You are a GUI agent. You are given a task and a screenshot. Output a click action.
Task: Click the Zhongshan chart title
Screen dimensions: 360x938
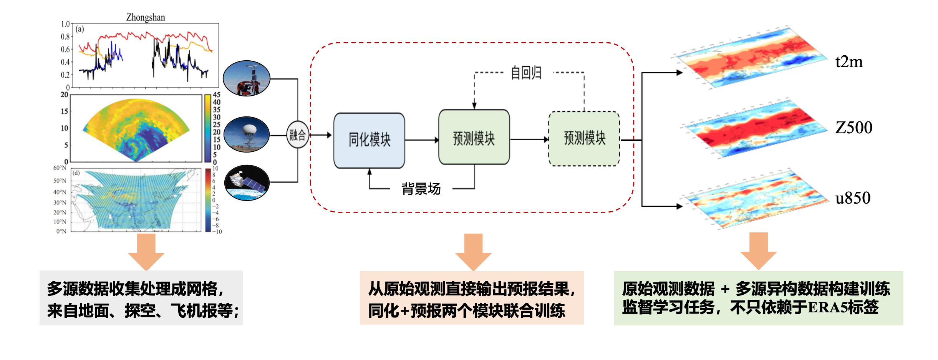[146, 17]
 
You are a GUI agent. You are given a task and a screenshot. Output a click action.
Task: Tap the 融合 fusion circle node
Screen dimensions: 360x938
[298, 135]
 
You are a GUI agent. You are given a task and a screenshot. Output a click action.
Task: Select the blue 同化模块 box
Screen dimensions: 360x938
[369, 140]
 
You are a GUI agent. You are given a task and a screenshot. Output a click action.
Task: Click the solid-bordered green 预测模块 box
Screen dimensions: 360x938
[474, 137]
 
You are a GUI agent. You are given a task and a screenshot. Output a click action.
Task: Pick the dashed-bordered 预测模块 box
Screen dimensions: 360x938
[584, 138]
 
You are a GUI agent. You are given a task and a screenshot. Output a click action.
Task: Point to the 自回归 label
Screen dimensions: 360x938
[526, 73]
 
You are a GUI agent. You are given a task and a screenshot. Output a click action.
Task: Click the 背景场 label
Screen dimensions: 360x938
[421, 189]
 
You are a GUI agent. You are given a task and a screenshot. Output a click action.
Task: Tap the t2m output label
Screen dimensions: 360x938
[849, 62]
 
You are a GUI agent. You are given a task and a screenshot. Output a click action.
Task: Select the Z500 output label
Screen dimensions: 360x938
[853, 128]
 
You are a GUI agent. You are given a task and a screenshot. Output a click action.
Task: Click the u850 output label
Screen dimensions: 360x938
[853, 198]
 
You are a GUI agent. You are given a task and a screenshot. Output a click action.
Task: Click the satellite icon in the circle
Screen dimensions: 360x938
[247, 183]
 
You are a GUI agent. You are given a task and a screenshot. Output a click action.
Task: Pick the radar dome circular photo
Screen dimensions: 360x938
[247, 134]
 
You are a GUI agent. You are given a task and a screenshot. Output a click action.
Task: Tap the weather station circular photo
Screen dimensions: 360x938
[247, 78]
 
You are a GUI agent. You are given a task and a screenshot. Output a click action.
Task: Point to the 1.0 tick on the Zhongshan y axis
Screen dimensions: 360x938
[65, 24]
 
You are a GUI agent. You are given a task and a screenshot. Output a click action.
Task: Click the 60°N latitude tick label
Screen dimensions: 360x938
[60, 168]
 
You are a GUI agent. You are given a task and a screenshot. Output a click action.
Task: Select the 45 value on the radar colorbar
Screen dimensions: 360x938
[217, 95]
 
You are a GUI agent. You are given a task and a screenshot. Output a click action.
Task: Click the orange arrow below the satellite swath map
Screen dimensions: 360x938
[146, 252]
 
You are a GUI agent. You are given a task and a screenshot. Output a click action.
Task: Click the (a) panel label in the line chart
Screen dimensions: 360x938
[80, 29]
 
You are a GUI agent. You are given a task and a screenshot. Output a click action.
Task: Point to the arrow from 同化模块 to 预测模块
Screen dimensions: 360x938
[421, 140]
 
